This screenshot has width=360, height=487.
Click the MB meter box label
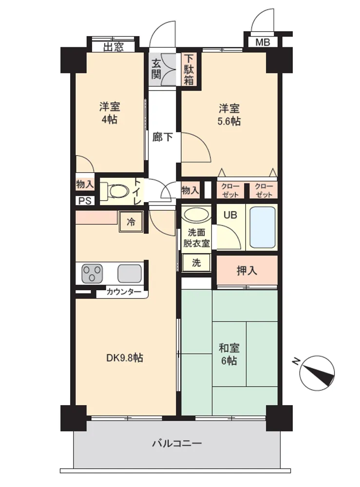pos(263,42)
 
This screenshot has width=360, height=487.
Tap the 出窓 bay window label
pos(114,47)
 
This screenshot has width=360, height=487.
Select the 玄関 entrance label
pos(156,69)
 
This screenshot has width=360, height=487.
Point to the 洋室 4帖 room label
pos(110,113)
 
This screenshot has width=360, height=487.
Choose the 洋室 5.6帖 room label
pos(229,114)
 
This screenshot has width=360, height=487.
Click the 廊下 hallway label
pos(162,137)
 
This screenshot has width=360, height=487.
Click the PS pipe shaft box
pos(85,201)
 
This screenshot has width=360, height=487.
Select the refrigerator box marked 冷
pos(131,222)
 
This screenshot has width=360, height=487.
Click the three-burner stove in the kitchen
pos(92,273)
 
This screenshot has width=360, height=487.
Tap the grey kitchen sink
pos(130,273)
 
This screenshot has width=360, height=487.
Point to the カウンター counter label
pos(124,292)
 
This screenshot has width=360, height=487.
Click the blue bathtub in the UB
pos(263,227)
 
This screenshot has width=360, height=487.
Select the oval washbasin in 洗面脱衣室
pos(196,215)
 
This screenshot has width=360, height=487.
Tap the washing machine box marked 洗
pos(196,262)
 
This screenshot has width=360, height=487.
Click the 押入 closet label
pos(247,271)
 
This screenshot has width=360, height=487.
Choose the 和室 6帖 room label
pos(229,354)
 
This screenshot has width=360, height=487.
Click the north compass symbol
pos(317,373)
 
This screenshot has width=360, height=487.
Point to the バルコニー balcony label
pos(177,443)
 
